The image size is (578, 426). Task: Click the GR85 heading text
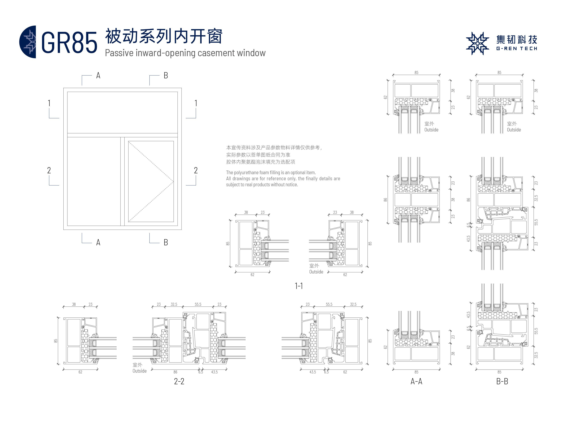[69, 43]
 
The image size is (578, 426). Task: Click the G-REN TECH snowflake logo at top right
[477, 43]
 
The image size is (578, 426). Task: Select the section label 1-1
[299, 286]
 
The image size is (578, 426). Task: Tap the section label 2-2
[179, 381]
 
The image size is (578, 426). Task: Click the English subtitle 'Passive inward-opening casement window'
[185, 53]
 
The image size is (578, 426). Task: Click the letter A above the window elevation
[98, 76]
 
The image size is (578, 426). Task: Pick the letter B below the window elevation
[166, 242]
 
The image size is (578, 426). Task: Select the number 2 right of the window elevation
[196, 170]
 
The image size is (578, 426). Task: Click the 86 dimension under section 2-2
[175, 372]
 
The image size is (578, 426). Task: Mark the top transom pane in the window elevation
[122, 113]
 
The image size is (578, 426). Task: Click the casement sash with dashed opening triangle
[151, 181]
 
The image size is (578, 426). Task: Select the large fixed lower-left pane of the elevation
[94, 181]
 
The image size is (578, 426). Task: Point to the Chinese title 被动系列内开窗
[164, 36]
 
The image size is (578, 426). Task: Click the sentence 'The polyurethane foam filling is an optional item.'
[271, 172]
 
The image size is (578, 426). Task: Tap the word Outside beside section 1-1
[316, 272]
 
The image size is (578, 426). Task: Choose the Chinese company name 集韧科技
[517, 40]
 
